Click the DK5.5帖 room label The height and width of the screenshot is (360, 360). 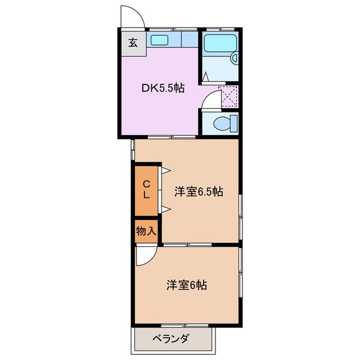click(x=163, y=88)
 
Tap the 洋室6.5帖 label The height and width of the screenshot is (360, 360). click(x=199, y=192)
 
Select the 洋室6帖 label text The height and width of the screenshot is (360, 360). click(x=186, y=285)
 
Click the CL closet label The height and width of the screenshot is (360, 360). click(x=146, y=190)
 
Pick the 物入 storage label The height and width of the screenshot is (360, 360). click(x=146, y=232)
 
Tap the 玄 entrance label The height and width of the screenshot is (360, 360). click(x=133, y=42)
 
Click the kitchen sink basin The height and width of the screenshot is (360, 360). click(x=160, y=40)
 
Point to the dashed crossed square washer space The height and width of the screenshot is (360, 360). click(x=228, y=97)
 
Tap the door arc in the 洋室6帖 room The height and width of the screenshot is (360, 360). click(x=144, y=256)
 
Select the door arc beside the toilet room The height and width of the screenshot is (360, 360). click(x=210, y=100)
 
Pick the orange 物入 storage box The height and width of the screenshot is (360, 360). click(x=147, y=232)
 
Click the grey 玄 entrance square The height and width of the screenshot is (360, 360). click(x=133, y=42)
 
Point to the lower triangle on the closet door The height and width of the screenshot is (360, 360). click(x=166, y=210)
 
